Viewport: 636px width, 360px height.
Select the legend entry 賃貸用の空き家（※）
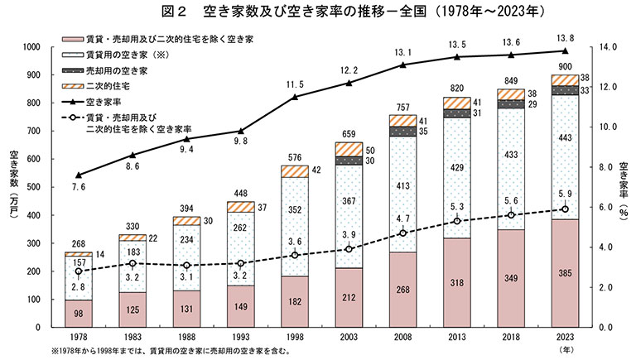coord(125,55)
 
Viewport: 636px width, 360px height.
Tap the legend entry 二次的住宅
coord(107,84)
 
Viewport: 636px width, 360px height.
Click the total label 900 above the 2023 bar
coord(566,66)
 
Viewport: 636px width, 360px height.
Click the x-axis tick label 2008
coord(403,337)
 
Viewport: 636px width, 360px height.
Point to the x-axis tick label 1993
coord(241,337)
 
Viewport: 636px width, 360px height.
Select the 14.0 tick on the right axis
coord(608,47)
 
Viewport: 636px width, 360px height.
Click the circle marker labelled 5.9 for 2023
coord(566,209)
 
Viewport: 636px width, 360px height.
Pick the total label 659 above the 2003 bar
coord(349,135)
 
